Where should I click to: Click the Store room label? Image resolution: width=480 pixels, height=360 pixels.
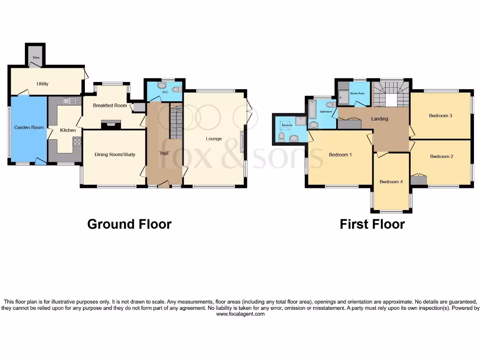[x=36, y=58]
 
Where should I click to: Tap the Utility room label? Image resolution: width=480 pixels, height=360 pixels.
[x=43, y=84]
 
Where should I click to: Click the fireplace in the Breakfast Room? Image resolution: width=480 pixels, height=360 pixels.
[x=111, y=124]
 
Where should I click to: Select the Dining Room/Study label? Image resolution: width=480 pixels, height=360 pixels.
[x=115, y=155]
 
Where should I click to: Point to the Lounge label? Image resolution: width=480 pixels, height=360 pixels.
[x=213, y=139]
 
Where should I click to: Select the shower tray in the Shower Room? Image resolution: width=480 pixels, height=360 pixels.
[x=344, y=97]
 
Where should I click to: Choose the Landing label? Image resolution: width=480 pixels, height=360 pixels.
[x=379, y=119]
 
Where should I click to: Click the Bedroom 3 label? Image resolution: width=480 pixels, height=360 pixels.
[x=440, y=115]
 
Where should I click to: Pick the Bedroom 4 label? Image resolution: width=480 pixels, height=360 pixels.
[x=391, y=182]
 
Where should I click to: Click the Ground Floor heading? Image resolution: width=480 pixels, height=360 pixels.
[x=129, y=224]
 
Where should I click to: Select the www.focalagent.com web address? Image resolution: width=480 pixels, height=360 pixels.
[x=240, y=314]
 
